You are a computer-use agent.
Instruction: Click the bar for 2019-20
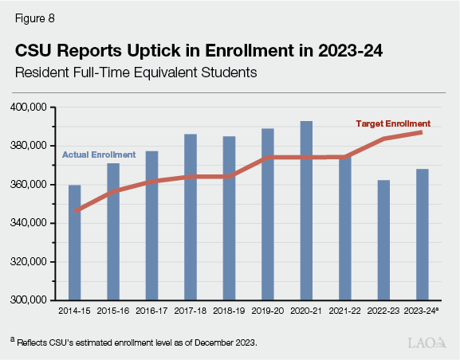[x=268, y=214]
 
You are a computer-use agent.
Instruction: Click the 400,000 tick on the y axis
[x=31, y=107]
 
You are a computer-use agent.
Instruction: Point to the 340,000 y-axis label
[x=31, y=223]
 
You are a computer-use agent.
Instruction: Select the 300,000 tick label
[x=31, y=300]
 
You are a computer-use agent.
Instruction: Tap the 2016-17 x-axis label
[x=151, y=311]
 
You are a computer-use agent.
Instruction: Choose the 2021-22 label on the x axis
[x=344, y=311]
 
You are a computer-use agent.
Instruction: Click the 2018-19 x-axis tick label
[x=229, y=311]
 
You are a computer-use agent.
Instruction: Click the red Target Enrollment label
[x=392, y=124]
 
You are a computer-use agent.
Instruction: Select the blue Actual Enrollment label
[x=98, y=154]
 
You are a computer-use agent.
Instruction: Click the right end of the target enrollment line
[x=422, y=132]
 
